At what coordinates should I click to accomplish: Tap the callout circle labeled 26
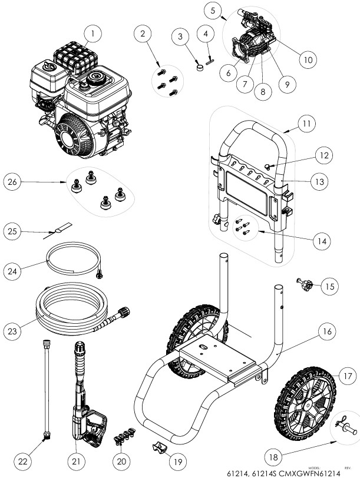[x=14, y=182]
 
